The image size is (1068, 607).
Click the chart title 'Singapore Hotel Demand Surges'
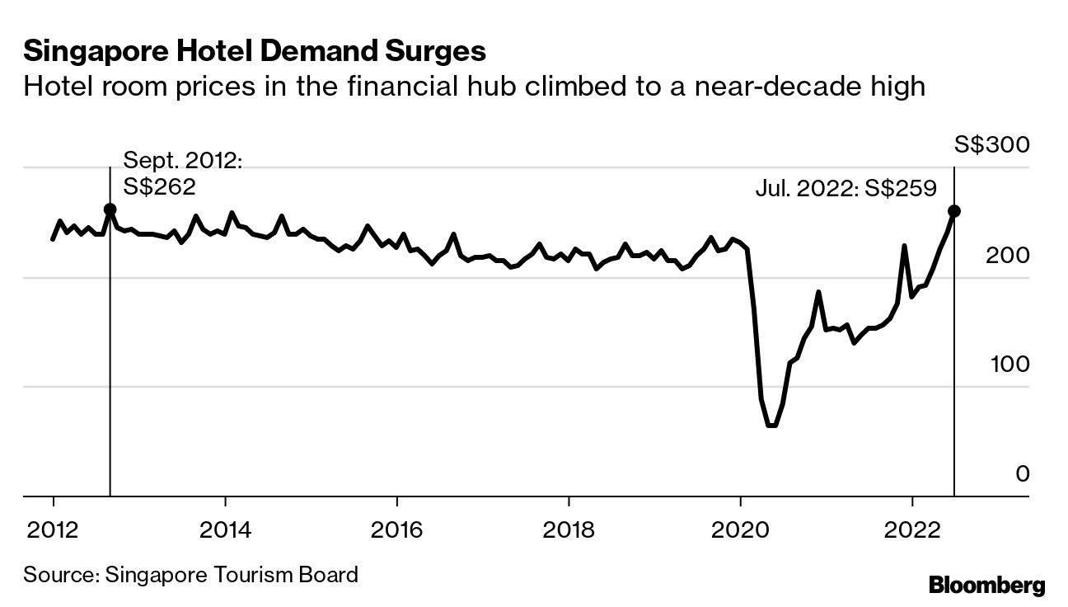pos(255,52)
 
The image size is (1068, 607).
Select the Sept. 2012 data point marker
pos(110,209)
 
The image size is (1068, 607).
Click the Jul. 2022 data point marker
pos(954,211)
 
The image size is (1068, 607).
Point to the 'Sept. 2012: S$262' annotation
pos(182,173)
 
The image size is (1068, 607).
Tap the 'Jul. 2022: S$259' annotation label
pos(845,189)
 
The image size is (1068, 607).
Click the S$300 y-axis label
pos(991,145)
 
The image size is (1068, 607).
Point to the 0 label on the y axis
pos(1022,474)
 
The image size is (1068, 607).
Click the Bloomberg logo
pos(986,586)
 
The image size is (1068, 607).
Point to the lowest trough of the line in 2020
pos(771,426)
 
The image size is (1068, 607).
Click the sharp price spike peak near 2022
pos(904,246)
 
